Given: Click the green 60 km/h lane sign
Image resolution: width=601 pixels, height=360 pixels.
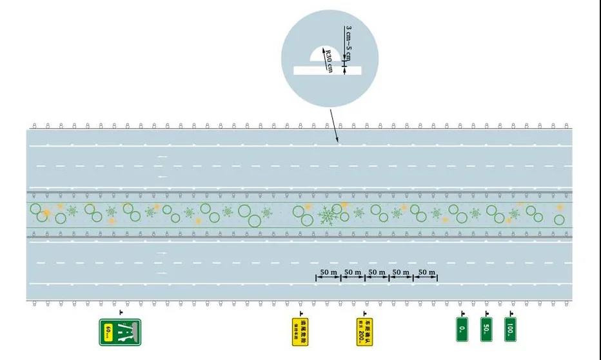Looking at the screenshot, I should coord(120,332).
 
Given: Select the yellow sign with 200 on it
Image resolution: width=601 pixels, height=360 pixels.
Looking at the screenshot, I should coord(365,331).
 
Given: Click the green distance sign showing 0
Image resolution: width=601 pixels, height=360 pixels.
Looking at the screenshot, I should coord(462,330).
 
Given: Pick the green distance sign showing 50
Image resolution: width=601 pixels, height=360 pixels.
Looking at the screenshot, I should coord(486,329).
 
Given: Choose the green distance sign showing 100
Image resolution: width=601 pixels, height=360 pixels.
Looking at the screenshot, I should coord(511,329).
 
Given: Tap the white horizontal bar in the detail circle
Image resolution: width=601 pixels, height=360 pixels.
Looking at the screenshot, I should coord(320,70).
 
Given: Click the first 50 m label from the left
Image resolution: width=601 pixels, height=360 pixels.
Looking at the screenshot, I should coord(328,272).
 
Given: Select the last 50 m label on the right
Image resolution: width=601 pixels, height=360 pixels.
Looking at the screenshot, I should coord(426,272).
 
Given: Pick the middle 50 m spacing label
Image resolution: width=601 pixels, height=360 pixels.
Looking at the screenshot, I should coord(377,272).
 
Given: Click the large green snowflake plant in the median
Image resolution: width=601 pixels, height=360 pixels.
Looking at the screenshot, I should coord(329,215).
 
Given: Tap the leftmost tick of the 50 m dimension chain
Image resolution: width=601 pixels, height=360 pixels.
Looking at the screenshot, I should coord(316,277).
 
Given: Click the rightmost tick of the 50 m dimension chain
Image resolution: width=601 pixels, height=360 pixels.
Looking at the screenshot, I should coord(437,277).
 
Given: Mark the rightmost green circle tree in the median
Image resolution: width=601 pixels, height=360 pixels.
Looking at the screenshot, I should coord(559,219).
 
